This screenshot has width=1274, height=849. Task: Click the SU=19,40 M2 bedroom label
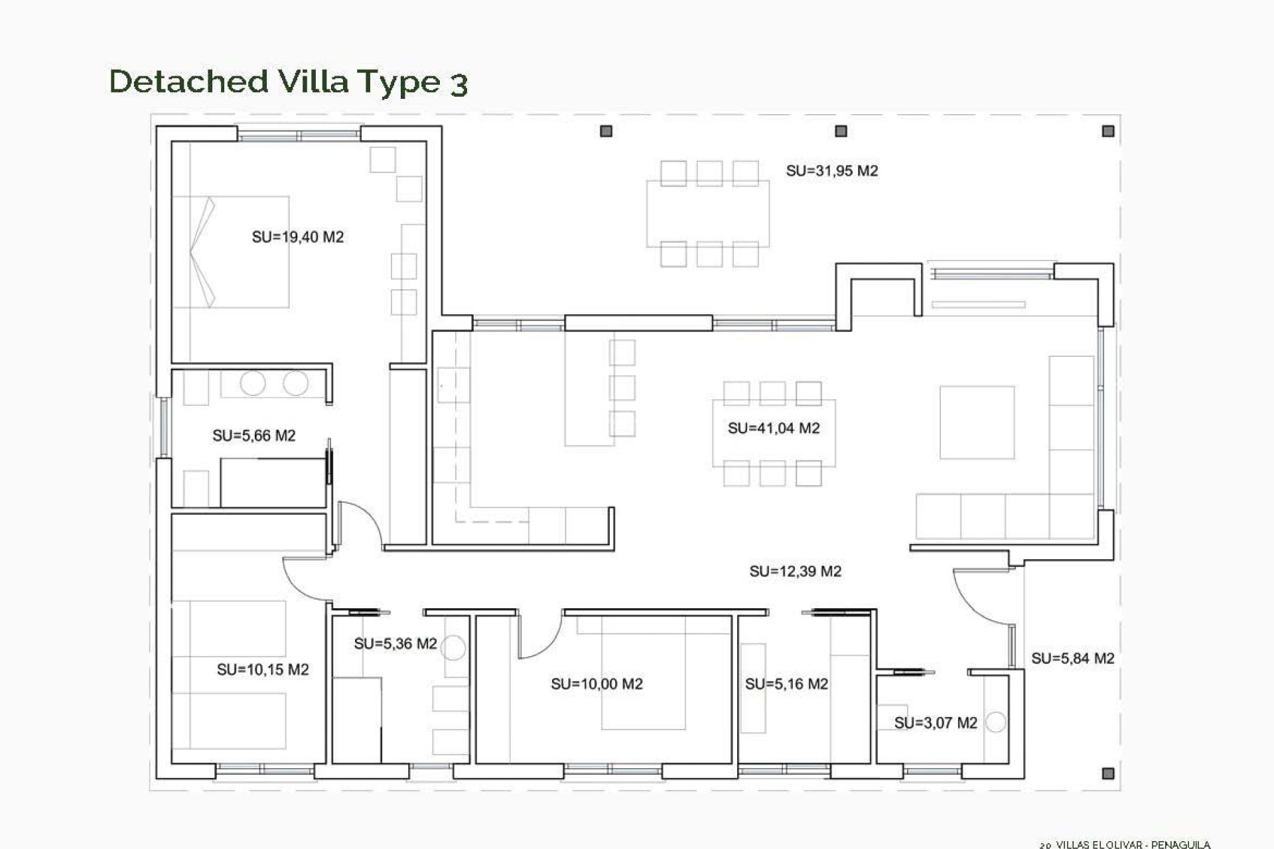[x=298, y=237]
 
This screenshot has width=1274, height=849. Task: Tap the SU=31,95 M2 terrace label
[x=832, y=171]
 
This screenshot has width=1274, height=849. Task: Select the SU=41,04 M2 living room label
[x=774, y=428]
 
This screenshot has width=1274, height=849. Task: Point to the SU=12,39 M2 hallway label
[x=796, y=571]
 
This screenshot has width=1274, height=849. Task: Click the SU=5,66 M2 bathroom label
[x=254, y=436]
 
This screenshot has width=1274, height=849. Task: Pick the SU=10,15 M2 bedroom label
[x=263, y=670]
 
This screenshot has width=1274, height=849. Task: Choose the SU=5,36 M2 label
[x=395, y=644]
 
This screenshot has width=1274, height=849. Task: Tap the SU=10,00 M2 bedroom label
[x=597, y=684]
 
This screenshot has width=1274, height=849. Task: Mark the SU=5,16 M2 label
[x=786, y=684]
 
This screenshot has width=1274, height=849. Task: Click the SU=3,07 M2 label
[x=936, y=723]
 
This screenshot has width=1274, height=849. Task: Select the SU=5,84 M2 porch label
[x=1072, y=659]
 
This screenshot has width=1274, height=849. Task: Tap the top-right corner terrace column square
[x=1108, y=131]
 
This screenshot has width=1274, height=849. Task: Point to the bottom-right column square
[x=1107, y=773]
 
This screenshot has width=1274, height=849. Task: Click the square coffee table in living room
[x=977, y=423]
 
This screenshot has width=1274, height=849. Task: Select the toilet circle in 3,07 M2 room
[x=995, y=722]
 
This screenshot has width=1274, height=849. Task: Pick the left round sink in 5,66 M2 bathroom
[x=253, y=383]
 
